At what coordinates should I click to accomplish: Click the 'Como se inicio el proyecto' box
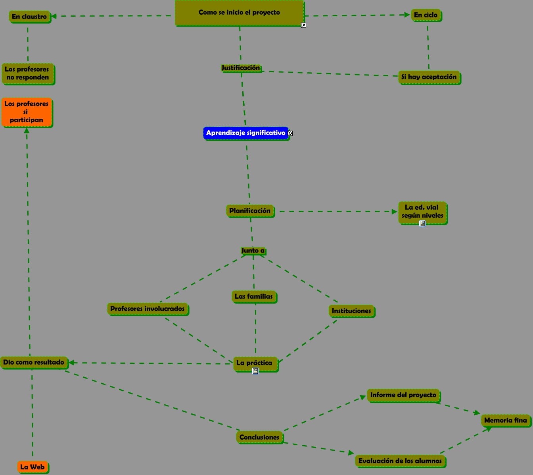[x=239, y=13]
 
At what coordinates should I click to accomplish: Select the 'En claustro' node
[x=29, y=17]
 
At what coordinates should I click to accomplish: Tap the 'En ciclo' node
[x=426, y=15]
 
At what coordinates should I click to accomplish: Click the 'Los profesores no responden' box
[x=27, y=73]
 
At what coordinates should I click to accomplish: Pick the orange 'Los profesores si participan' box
[x=27, y=112]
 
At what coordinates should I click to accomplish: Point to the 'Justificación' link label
[x=241, y=68]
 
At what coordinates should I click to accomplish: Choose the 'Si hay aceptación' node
[x=429, y=77]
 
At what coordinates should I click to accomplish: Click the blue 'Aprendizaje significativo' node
[x=245, y=133]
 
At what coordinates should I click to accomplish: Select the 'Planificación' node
[x=250, y=211]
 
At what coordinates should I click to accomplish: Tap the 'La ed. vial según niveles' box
[x=422, y=212]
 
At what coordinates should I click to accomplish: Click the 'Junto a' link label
[x=253, y=251]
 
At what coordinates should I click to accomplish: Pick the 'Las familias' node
[x=254, y=296]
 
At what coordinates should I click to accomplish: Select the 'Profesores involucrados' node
[x=147, y=309]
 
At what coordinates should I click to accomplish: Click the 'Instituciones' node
[x=351, y=311]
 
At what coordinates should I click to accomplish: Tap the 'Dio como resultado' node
[x=34, y=362]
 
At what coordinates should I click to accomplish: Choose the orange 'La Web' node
[x=33, y=467]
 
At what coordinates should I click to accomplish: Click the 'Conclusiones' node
[x=259, y=437]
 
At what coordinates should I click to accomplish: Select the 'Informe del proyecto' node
[x=403, y=395]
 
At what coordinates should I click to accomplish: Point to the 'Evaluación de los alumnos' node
[x=400, y=461]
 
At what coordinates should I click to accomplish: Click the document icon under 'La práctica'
[x=255, y=371]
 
